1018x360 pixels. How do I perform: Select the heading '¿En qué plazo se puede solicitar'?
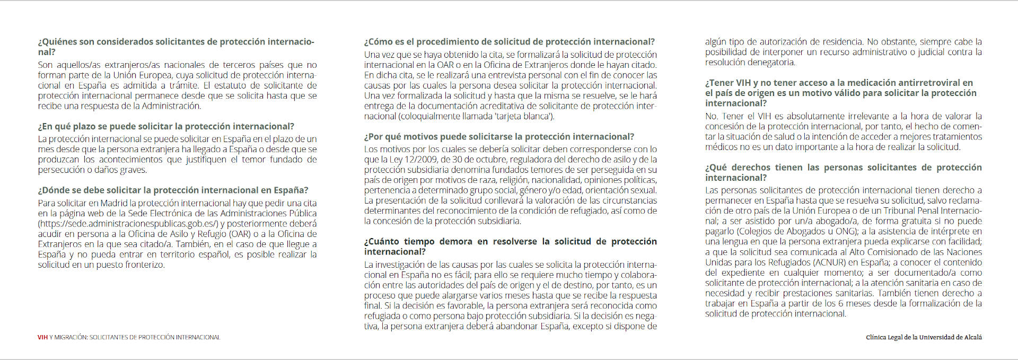[x=166, y=126]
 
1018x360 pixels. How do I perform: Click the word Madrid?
[x=113, y=203]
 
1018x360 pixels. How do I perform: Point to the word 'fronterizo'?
[x=144, y=265]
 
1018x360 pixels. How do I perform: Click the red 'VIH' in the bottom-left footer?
[x=42, y=337]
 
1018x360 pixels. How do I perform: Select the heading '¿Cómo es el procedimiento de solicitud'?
[x=509, y=42]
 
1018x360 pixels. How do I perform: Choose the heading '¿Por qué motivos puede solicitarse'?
[x=499, y=137]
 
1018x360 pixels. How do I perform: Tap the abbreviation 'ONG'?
[x=847, y=231]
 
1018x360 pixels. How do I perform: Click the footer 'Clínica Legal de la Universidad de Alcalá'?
[x=924, y=337]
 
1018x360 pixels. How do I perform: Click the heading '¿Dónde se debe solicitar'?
[x=173, y=190]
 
